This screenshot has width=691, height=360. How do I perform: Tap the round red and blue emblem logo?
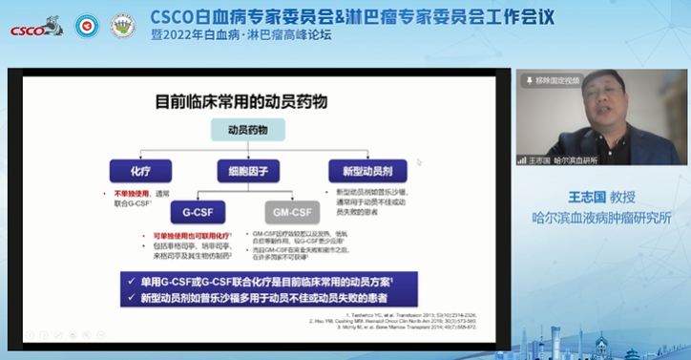pos(87,26)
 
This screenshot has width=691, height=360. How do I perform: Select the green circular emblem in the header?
pos(122,26)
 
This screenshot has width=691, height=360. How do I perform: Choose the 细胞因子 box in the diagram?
pos(248,172)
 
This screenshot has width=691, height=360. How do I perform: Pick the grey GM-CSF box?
pos(289,211)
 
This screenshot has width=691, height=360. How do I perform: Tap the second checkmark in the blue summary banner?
pos(129,298)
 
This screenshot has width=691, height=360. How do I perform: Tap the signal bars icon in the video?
pos(523,159)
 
